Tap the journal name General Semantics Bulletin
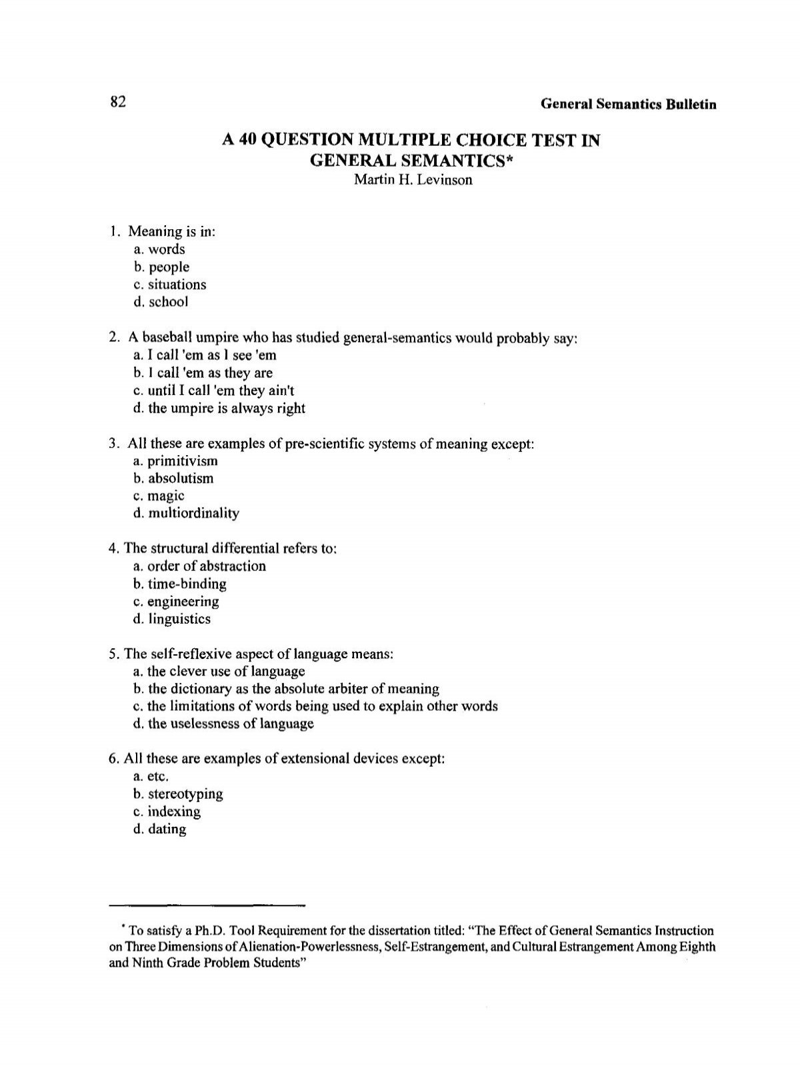628,104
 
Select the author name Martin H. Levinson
412,180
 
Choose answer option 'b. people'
161,267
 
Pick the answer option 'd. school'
161,302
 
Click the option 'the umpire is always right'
219,408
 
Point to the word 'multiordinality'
193,513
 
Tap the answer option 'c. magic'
159,496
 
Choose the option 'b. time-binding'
180,584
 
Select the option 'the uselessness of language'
223,724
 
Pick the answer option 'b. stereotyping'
178,794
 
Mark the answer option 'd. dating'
160,829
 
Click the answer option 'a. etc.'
151,777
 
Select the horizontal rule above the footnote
206,906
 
